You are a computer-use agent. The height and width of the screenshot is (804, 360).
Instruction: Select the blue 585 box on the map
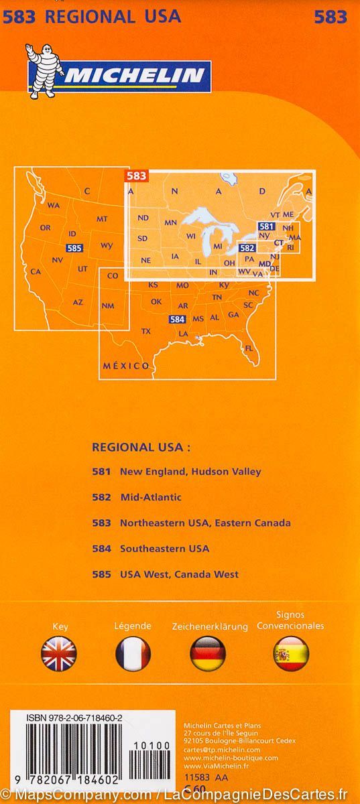(x=75, y=248)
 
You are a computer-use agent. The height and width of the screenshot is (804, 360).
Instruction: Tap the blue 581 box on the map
(x=266, y=226)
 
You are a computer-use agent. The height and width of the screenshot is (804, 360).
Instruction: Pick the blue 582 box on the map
(x=247, y=248)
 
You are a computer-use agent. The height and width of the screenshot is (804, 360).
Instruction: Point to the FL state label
(x=249, y=348)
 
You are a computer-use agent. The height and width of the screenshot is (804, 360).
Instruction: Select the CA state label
(x=37, y=271)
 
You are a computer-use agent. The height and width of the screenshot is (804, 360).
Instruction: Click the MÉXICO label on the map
(x=126, y=366)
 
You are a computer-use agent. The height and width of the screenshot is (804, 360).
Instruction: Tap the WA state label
(x=54, y=205)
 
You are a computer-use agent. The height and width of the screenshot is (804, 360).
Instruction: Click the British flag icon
(x=59, y=654)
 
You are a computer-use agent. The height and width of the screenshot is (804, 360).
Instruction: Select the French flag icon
(x=133, y=654)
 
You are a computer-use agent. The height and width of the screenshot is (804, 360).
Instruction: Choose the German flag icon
(x=208, y=654)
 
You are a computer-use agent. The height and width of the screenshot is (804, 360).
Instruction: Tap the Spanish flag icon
(x=291, y=654)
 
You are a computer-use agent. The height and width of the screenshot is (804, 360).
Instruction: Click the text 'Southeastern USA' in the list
(x=164, y=548)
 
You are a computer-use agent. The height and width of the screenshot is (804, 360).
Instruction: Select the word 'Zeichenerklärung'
(x=210, y=626)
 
